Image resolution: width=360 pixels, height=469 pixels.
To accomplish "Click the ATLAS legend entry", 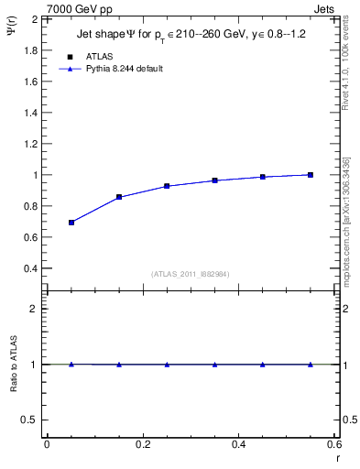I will click(98, 57).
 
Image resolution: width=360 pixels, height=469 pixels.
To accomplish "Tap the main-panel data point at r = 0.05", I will click(71, 223).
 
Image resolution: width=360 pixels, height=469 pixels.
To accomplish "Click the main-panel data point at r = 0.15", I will click(119, 197).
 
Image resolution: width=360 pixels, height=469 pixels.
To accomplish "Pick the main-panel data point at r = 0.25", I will click(167, 186).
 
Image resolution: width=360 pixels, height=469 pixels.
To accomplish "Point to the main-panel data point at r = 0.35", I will click(215, 180).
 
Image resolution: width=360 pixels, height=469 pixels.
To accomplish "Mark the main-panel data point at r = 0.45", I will click(263, 177).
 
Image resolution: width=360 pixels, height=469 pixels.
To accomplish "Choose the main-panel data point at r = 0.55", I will click(311, 175).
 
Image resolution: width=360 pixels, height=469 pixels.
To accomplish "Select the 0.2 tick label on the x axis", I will click(143, 444).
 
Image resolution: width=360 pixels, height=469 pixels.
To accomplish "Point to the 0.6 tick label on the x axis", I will click(334, 444).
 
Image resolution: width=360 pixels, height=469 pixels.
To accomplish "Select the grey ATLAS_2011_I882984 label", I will click(191, 273).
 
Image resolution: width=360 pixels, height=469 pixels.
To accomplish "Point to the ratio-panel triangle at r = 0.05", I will click(71, 365).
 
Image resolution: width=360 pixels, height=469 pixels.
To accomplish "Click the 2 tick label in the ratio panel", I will click(33, 309).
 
